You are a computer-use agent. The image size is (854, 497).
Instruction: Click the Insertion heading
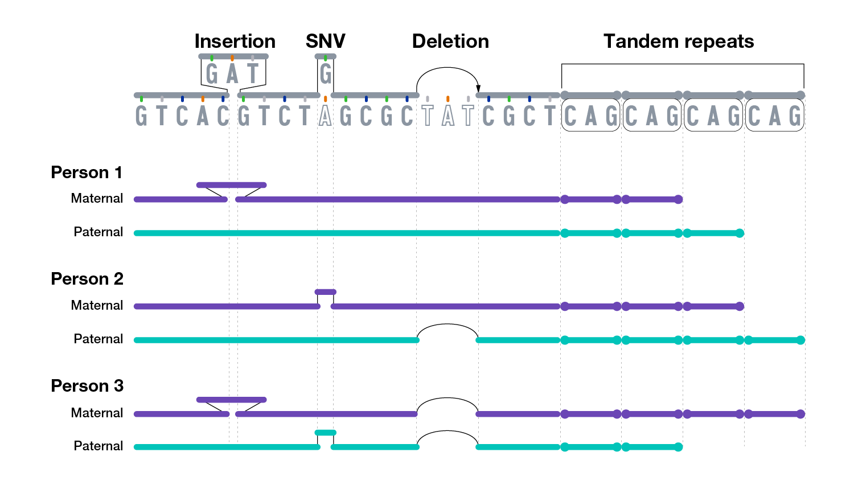[235, 42]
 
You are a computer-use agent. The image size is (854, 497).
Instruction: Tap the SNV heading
[325, 42]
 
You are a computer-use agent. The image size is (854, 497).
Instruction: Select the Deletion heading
[450, 42]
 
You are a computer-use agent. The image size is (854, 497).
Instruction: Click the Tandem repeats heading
[679, 42]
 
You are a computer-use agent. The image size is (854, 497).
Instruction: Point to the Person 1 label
[87, 172]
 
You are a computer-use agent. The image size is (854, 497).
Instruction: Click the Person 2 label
[87, 279]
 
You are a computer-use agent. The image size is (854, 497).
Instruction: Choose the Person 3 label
[87, 386]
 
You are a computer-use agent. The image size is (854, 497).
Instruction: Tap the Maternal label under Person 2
[97, 306]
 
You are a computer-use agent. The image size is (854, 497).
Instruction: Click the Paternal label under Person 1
[98, 232]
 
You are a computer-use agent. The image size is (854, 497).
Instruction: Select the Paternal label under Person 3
[98, 446]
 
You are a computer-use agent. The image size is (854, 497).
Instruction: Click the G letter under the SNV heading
[326, 74]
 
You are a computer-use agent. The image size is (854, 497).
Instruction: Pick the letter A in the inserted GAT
[232, 74]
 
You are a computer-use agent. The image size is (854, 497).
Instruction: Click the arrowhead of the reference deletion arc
[478, 88]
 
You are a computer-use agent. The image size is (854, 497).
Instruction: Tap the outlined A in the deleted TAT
[448, 116]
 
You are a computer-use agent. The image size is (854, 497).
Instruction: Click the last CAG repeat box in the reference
[774, 116]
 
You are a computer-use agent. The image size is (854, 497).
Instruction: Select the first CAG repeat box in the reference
[590, 116]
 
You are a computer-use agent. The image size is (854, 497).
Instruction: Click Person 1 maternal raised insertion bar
[231, 185]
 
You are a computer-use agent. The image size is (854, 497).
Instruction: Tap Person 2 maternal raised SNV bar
[326, 292]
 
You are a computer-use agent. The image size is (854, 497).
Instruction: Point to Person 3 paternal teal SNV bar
[326, 433]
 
